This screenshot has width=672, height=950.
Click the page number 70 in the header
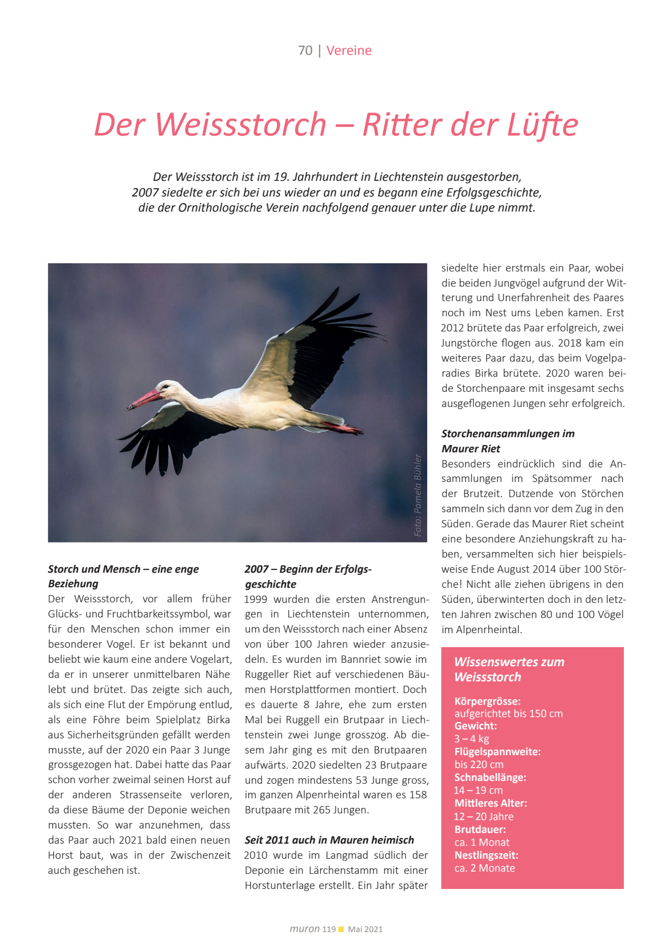point(305,50)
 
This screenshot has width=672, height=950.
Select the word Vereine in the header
point(349,50)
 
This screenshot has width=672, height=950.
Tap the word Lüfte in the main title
point(543,124)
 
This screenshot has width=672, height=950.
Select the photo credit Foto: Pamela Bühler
point(418,495)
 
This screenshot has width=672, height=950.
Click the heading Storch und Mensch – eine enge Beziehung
point(123,576)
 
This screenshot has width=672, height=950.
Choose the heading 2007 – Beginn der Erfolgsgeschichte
point(308,576)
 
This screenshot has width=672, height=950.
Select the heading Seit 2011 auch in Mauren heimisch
point(329,840)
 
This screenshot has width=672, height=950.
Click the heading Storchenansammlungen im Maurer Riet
point(508,441)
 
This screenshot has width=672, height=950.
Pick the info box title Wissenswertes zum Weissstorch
point(509,669)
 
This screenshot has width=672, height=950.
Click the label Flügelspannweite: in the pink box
point(497,752)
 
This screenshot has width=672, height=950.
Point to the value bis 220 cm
point(479,765)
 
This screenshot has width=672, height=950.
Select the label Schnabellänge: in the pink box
point(490,778)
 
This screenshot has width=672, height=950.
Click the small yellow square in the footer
point(341,929)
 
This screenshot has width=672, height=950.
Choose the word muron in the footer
point(305,929)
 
